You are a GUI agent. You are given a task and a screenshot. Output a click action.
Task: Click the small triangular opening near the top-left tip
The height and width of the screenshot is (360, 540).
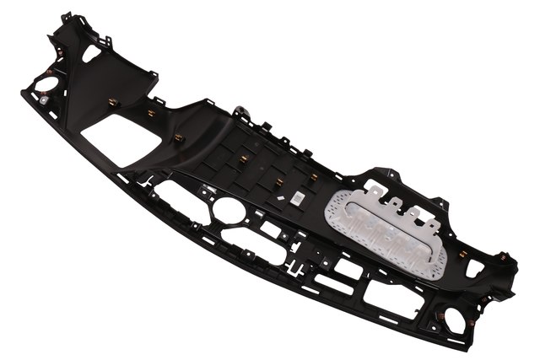91,51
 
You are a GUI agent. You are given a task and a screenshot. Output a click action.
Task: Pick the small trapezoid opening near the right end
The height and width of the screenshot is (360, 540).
475,267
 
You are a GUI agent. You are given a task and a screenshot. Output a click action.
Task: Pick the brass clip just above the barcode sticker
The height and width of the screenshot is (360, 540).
314,176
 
